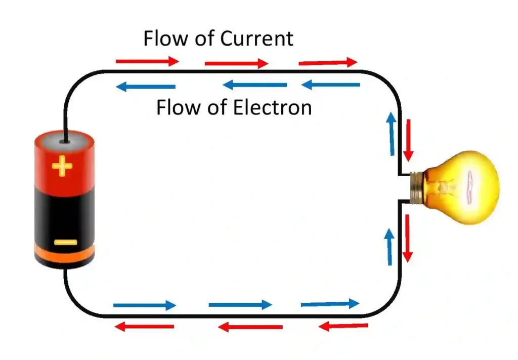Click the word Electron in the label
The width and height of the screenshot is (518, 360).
pyautogui.click(x=273, y=108)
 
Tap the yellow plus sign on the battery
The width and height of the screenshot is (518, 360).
pyautogui.click(x=62, y=166)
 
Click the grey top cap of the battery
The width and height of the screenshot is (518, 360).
pyautogui.click(x=64, y=140)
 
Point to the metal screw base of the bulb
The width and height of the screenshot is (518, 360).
pyautogui.click(x=416, y=187)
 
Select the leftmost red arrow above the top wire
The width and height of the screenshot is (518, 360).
pyautogui.click(x=147, y=61)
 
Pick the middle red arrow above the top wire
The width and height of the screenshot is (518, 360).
pyautogui.click(x=236, y=63)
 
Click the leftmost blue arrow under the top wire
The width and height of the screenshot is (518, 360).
pyautogui.click(x=146, y=87)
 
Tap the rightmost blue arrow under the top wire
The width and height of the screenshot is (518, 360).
pyautogui.click(x=331, y=85)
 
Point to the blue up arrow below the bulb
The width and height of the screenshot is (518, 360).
pyautogui.click(x=390, y=247)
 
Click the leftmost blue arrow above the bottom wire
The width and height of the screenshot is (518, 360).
pyautogui.click(x=145, y=305)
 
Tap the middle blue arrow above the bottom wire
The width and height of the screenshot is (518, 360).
pyautogui.click(x=240, y=305)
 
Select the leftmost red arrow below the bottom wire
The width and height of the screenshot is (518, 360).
pyautogui.click(x=145, y=327)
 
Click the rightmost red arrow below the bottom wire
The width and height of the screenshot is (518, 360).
pyautogui.click(x=343, y=326)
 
